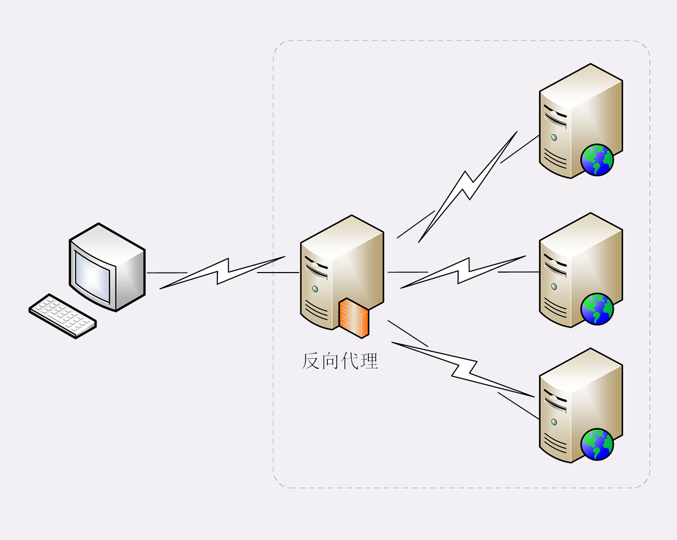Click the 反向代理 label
(340, 361)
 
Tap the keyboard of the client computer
(63, 316)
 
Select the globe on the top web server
(597, 160)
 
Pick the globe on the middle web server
(597, 309)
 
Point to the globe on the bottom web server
(597, 444)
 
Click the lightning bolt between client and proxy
(222, 272)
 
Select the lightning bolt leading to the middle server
(463, 272)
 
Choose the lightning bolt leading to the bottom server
(463, 369)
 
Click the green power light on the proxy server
(315, 289)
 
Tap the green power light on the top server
(554, 137)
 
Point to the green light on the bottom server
(554, 422)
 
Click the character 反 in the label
(310, 361)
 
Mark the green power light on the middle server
(554, 287)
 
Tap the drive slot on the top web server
(555, 119)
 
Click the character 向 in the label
(330, 361)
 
